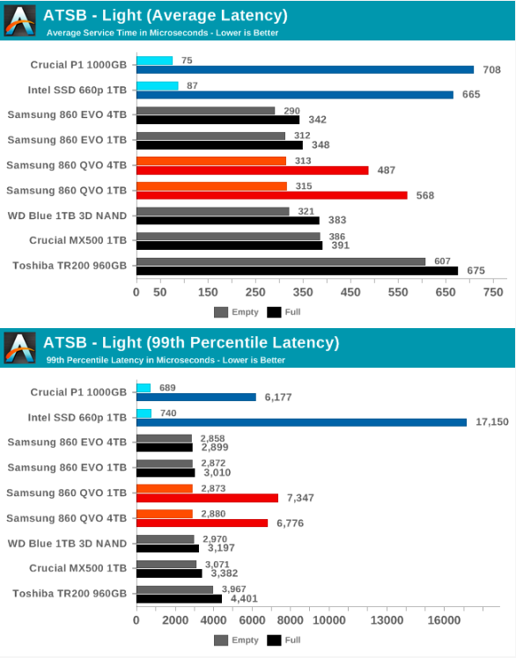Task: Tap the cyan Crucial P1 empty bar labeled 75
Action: click(155, 60)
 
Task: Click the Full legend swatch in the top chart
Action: click(274, 311)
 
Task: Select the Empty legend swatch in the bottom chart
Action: click(220, 640)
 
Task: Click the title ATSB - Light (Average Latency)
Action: click(166, 14)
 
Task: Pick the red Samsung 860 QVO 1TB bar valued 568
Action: click(272, 195)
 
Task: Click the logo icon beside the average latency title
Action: click(20, 19)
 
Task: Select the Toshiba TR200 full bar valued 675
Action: click(297, 271)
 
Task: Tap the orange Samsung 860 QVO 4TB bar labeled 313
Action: click(211, 161)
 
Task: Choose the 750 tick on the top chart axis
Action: click(493, 292)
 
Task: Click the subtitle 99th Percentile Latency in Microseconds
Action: click(166, 360)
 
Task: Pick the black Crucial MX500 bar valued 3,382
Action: click(169, 574)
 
